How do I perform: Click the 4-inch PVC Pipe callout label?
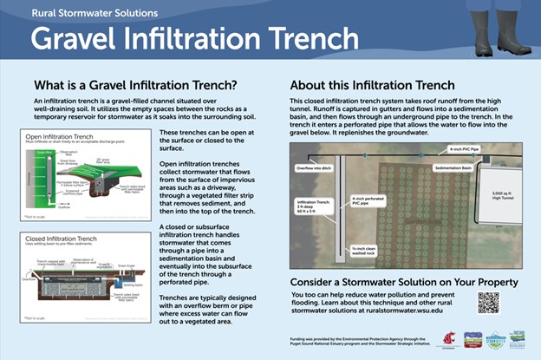438,150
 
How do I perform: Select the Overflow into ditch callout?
318,161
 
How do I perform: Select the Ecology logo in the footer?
518,339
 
